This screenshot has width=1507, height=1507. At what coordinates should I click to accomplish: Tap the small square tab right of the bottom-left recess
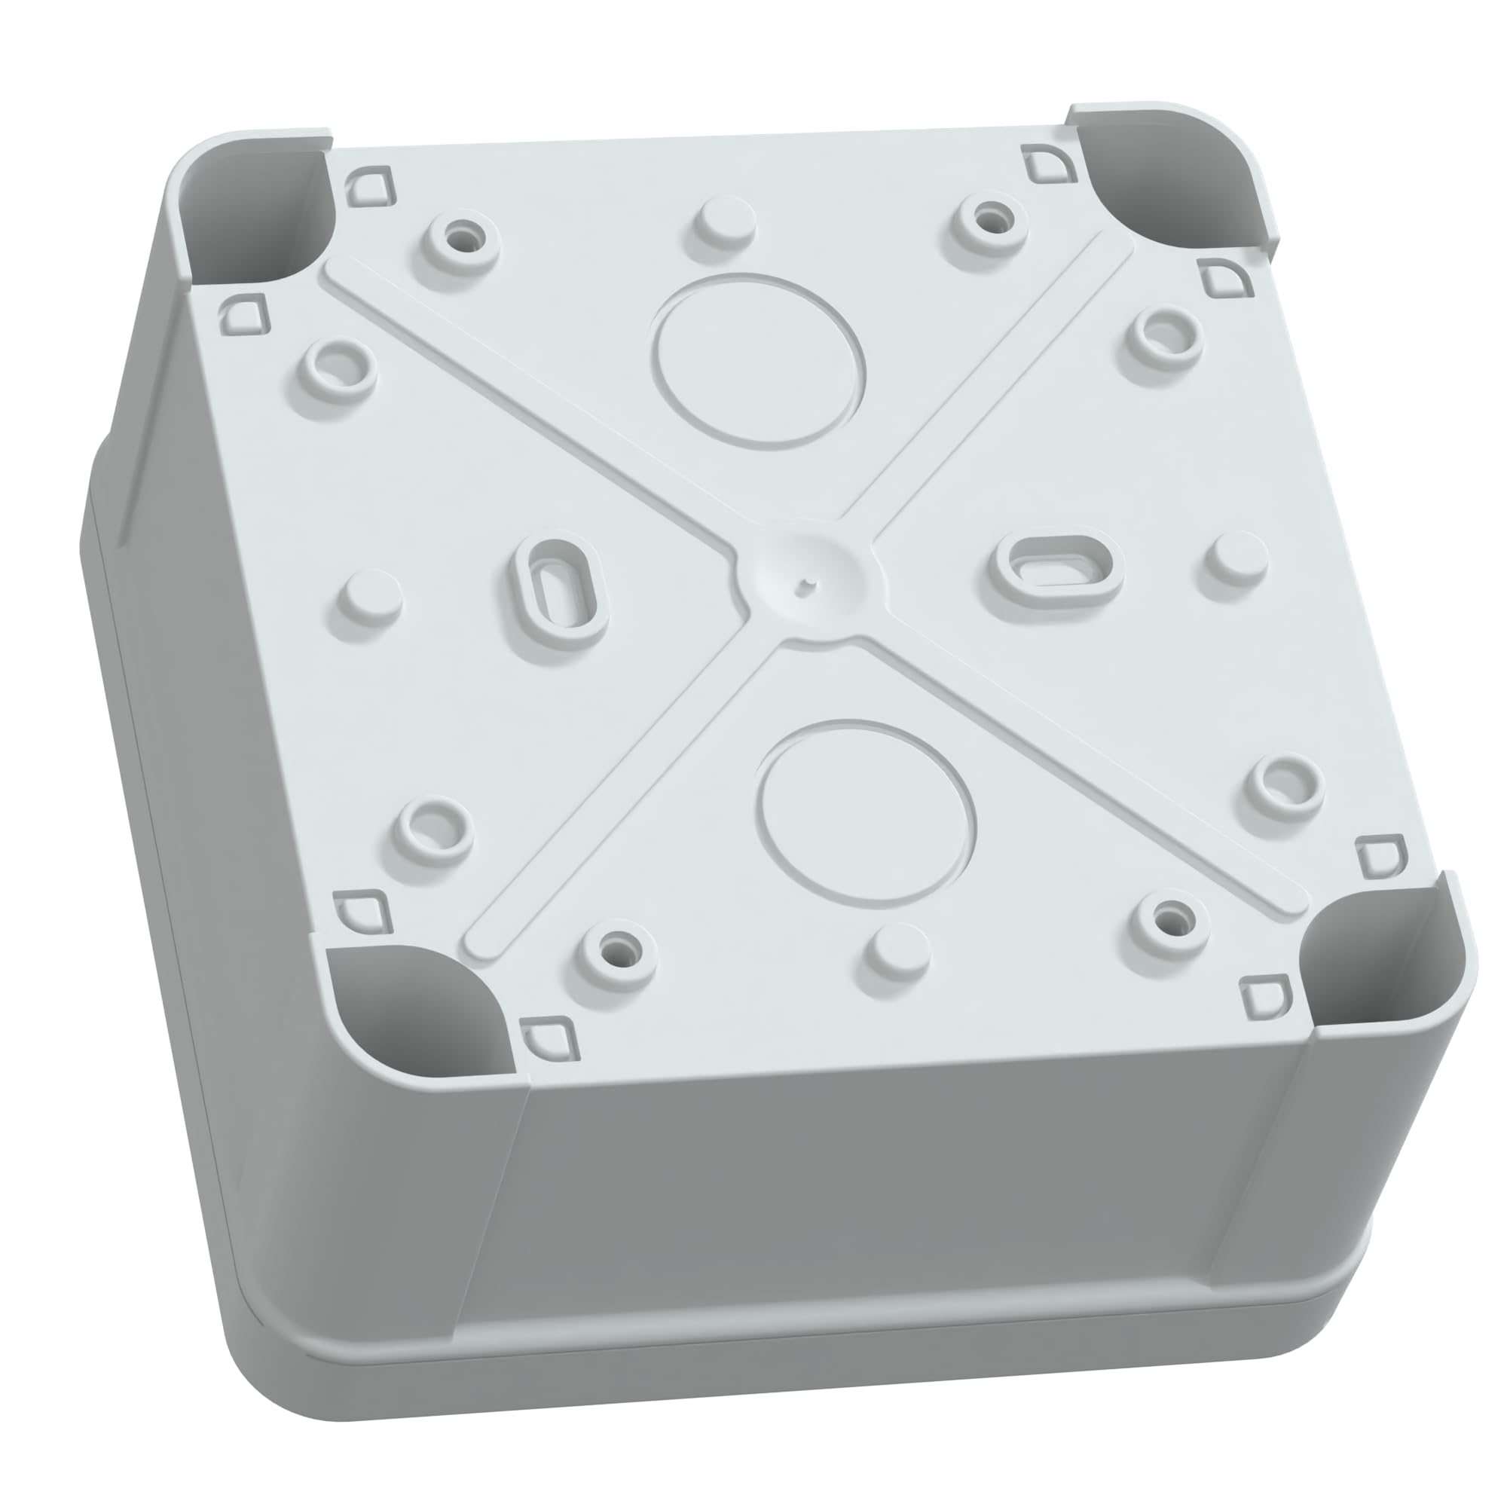point(550,1038)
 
